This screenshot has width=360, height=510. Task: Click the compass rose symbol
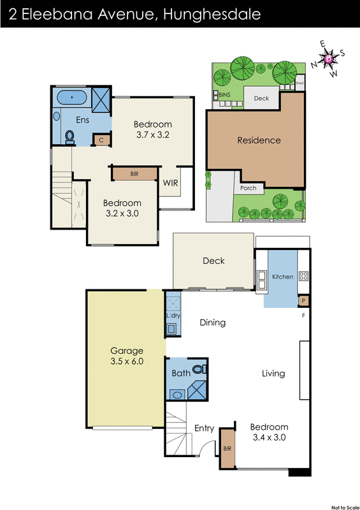[328, 59]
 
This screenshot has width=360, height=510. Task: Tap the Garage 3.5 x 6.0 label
[127, 356]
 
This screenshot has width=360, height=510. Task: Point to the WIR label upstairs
[170, 184]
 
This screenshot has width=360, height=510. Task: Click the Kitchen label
[282, 277]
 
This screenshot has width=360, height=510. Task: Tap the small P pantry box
[304, 300]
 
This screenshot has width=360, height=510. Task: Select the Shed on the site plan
[299, 84]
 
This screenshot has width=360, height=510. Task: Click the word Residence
[259, 140]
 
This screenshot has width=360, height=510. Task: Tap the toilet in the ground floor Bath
[199, 369]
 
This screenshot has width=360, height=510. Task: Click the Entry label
[204, 428]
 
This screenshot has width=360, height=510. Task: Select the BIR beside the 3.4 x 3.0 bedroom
[227, 449]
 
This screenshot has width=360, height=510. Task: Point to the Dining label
[213, 323]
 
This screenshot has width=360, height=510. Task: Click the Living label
[273, 374]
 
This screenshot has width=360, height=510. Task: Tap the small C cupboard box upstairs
[99, 140]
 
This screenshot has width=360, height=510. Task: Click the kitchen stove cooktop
[304, 277]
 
